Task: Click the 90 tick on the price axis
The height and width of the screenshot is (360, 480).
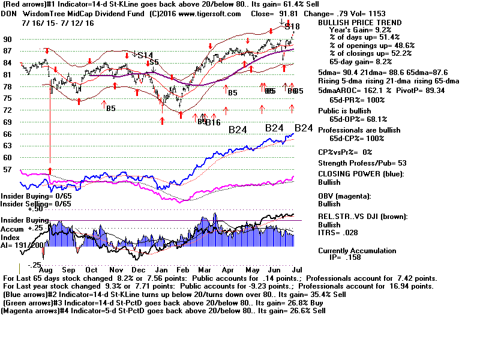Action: (x=8, y=40)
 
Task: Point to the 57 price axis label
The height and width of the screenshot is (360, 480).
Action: (x=8, y=170)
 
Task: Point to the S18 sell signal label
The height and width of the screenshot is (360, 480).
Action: (x=292, y=26)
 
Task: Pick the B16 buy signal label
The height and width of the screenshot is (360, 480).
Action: (x=212, y=122)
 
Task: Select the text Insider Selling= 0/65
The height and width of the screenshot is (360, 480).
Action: (x=36, y=204)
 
